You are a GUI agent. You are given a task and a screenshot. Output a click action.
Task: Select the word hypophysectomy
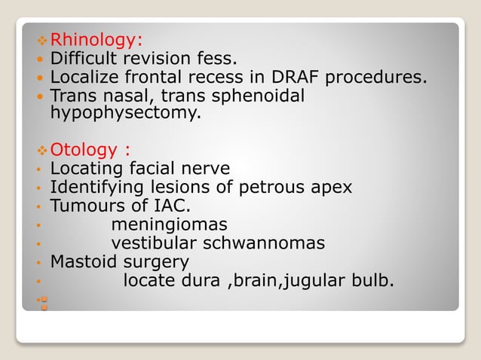coord(125,113)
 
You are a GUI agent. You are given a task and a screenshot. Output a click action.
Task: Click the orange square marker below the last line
coord(44,304)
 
